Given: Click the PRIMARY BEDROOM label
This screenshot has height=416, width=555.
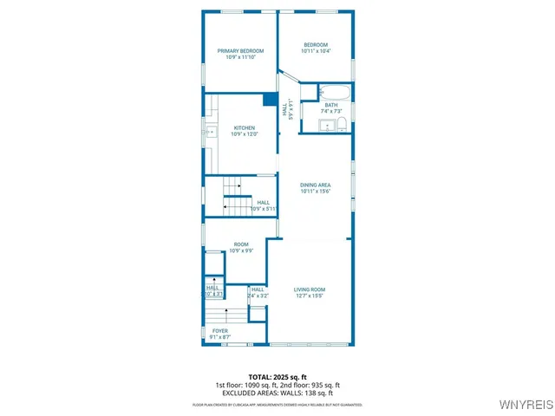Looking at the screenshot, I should (x=239, y=51).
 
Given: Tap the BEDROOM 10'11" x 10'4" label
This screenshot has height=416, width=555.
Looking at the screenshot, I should (x=316, y=45).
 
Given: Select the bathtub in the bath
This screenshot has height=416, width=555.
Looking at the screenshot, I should (x=334, y=92).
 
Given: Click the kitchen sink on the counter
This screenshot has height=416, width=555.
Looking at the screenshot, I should (x=210, y=133).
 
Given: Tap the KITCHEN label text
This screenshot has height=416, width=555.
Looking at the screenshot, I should (x=244, y=127).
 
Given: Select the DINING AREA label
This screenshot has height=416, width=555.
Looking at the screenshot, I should (x=316, y=185).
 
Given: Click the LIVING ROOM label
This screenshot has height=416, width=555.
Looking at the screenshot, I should (x=309, y=289).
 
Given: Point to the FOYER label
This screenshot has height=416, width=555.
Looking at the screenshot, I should (x=220, y=330).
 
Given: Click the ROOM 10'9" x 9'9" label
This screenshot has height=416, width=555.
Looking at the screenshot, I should (x=240, y=244).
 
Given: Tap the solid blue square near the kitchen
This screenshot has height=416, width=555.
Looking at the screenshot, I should (x=270, y=99).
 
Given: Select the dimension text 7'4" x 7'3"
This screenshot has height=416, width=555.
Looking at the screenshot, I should (x=331, y=112).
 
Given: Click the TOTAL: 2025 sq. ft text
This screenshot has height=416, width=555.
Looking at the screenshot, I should (x=277, y=378).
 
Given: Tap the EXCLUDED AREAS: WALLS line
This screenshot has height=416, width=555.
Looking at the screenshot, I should (x=277, y=393).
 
